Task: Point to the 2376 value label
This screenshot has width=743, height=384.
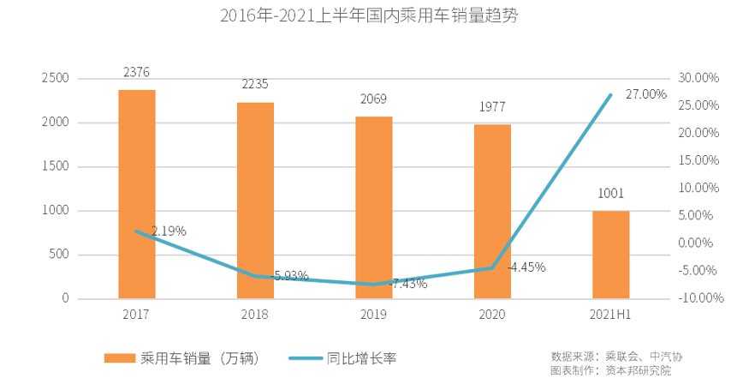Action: coord(137,74)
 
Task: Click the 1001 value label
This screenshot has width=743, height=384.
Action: coord(610,194)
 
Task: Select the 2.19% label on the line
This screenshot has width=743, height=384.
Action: coord(169,231)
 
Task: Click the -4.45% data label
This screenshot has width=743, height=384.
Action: coord(526,267)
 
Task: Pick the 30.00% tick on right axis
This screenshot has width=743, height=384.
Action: coord(700,78)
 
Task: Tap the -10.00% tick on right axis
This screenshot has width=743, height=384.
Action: coord(698,298)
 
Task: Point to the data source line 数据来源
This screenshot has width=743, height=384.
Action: coord(616,356)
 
